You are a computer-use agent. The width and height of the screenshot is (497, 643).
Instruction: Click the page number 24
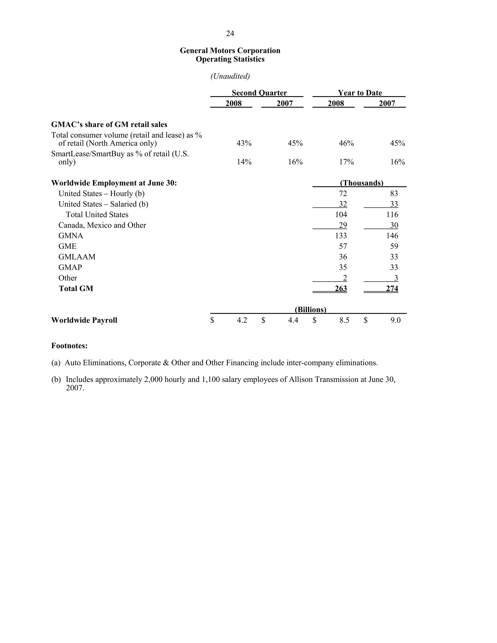click(230, 33)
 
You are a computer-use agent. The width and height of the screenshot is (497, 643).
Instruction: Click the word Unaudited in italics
click(230, 76)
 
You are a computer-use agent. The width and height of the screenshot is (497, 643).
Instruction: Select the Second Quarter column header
click(259, 93)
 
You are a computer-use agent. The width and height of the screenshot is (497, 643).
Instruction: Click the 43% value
click(244, 143)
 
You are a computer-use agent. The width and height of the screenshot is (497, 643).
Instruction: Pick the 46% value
click(346, 143)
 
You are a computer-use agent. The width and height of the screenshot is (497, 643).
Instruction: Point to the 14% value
click(244, 162)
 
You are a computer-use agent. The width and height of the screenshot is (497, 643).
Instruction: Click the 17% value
click(346, 162)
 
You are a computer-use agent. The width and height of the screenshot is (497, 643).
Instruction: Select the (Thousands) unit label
click(361, 183)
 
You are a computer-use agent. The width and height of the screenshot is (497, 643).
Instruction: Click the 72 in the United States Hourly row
click(343, 193)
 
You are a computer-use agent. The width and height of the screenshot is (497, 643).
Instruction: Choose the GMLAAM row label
click(77, 257)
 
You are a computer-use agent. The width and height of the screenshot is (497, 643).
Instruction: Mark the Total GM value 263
click(341, 289)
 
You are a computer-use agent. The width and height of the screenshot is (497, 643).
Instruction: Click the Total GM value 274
click(392, 289)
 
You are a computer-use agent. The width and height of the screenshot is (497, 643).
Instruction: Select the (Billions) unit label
click(310, 310)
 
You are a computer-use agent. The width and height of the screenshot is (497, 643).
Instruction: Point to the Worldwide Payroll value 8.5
click(344, 320)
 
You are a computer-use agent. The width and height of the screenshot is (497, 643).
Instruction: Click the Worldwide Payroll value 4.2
click(242, 320)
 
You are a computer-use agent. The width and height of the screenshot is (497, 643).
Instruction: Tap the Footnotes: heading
click(69, 346)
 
